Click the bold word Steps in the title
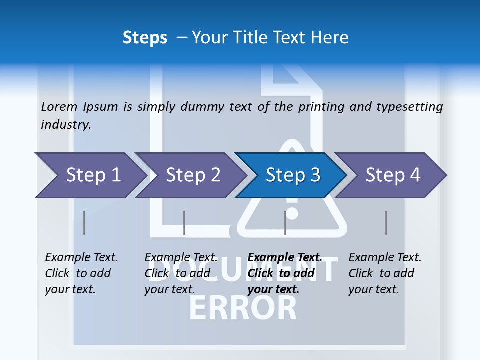coord(145,37)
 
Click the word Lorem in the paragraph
coord(59,106)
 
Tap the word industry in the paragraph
coord(65,125)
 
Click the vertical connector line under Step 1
coord(84,223)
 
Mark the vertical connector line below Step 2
coord(184,223)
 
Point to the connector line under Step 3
coord(285,223)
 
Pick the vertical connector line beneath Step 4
coord(386,223)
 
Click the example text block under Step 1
coord(81,273)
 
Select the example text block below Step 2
coord(181,273)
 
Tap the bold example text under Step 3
coord(284,273)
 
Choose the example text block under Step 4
coord(385,273)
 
